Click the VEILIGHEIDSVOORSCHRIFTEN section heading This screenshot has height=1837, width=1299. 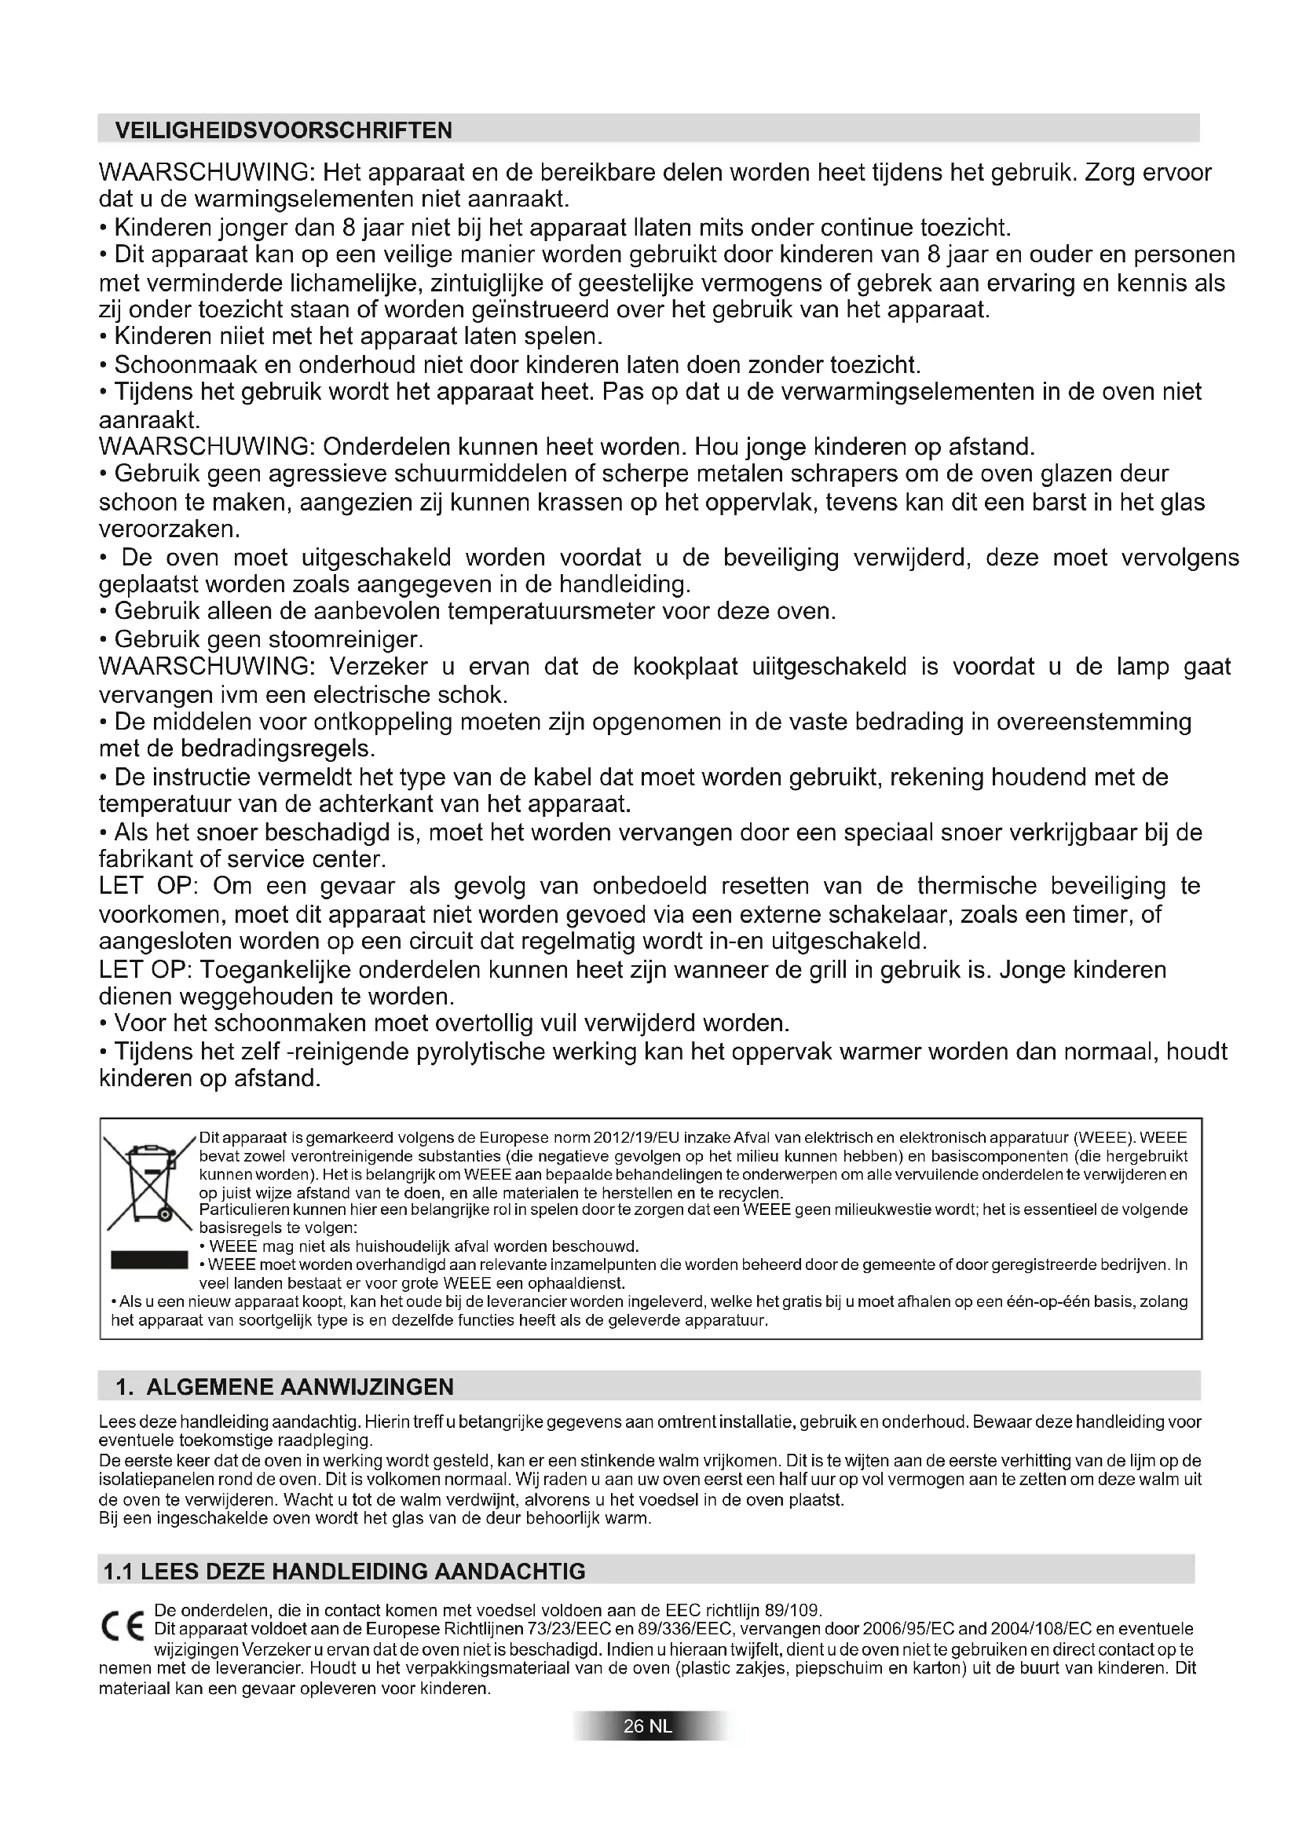click(284, 130)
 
